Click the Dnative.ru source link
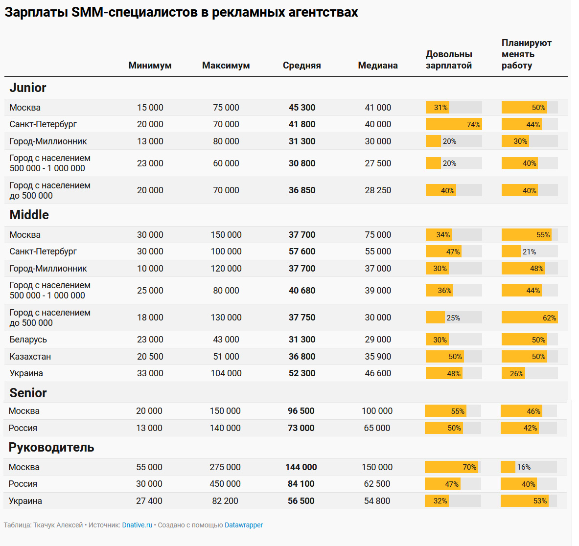coord(137,525)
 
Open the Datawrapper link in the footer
coord(244,525)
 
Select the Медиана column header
coord(378,66)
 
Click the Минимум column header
coord(150,66)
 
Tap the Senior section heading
coord(28,393)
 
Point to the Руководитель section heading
coord(51,447)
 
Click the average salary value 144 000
coord(301,467)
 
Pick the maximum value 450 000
coord(225,483)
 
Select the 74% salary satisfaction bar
coord(454,124)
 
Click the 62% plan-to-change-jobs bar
coord(530,318)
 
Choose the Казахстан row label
coord(30,357)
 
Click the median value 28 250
coord(378,190)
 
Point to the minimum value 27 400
coord(149,501)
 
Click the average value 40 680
coord(301,291)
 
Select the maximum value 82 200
coord(225,501)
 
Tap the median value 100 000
coord(377,411)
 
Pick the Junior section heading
coord(28,88)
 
